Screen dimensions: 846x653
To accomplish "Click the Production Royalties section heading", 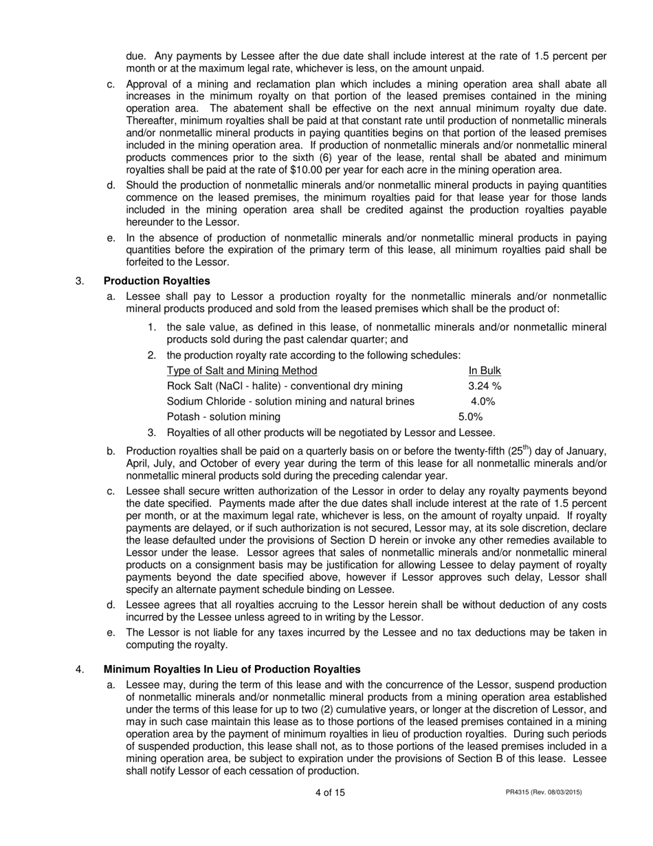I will coord(157,281).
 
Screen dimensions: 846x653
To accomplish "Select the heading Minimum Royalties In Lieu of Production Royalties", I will coord(232,669).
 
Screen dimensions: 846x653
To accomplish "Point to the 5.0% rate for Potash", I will coord(471,417).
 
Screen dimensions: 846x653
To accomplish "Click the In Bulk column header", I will coord(485,370).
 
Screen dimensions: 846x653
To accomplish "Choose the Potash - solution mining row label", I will coord(223,417).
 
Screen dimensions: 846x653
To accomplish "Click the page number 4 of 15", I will coord(330,792).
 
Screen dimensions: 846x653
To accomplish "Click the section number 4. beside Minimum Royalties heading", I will coord(80,669).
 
